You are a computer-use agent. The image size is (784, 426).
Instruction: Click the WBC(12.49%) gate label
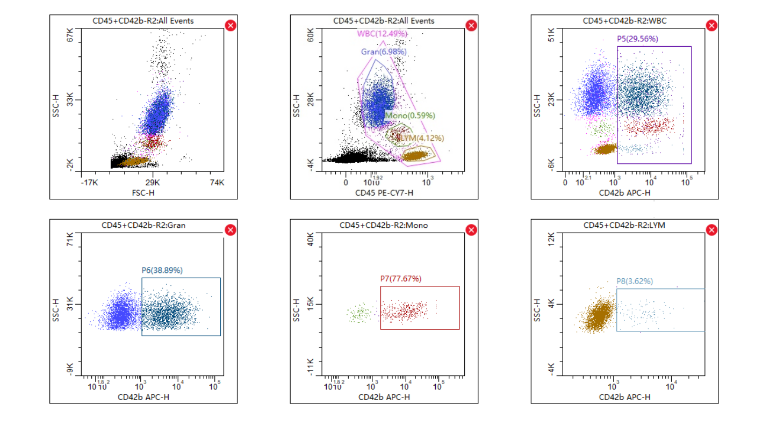click(382, 33)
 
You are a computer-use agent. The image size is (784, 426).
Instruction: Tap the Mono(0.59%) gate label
click(410, 115)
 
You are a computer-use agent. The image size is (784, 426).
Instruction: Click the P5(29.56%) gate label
click(637, 39)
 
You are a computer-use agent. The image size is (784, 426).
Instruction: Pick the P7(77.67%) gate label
click(400, 279)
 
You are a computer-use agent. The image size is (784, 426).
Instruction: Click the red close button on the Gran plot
click(231, 230)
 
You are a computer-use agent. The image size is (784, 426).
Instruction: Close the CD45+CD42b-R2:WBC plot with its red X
click(711, 25)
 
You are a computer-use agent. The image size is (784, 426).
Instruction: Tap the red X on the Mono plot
click(471, 230)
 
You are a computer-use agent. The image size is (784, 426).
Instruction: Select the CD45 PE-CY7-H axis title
click(384, 193)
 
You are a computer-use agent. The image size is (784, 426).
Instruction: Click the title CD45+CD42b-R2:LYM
click(624, 225)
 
